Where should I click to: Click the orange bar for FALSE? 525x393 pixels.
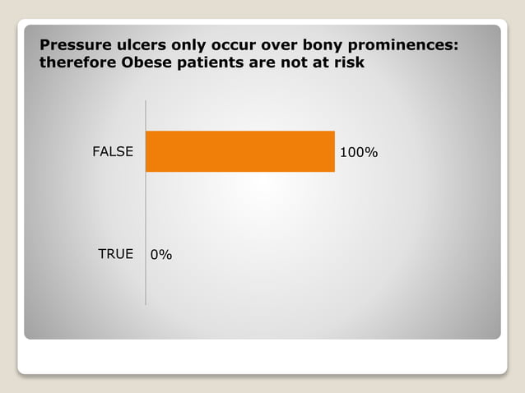(239, 151)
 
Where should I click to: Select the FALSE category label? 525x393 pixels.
(112, 152)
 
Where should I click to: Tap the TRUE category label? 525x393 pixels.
(115, 254)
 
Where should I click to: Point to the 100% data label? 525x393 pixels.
(359, 153)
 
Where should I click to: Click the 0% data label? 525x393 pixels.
(161, 255)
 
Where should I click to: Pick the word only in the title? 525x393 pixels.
(188, 45)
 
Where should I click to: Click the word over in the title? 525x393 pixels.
(283, 44)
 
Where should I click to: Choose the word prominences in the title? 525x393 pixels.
(407, 44)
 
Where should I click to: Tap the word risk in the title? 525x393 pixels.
(349, 62)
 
